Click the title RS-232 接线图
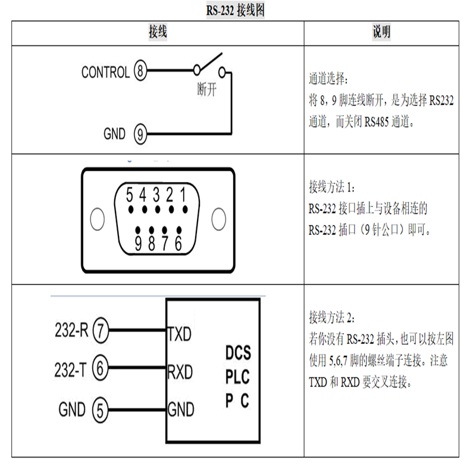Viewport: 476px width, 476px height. [237, 11]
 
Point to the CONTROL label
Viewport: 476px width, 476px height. [105, 73]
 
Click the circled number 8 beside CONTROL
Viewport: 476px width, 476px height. [140, 73]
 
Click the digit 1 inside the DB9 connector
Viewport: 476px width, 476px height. [185, 195]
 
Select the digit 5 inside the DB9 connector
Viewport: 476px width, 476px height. [130, 195]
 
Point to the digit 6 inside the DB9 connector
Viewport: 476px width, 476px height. [178, 244]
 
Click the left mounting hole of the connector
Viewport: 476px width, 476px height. [95, 218]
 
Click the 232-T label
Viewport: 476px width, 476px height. [71, 369]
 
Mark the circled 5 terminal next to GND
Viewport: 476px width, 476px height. [99, 409]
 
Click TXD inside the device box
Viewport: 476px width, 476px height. [180, 334]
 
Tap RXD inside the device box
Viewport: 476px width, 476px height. [180, 372]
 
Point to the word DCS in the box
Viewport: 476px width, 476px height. [237, 353]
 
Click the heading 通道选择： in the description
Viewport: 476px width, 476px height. [330, 79]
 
